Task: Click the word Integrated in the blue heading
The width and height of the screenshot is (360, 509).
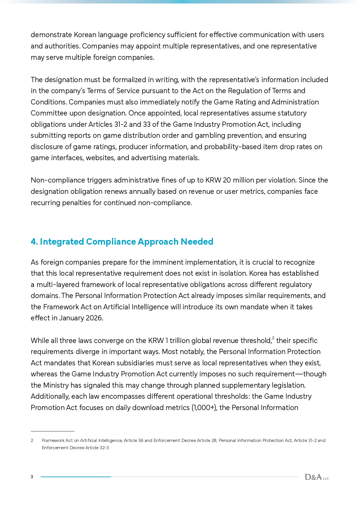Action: (62, 241)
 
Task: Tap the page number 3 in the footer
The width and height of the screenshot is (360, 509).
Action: (32, 477)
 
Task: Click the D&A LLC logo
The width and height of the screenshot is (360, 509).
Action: (317, 477)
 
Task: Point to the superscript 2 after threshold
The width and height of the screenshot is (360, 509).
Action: (273, 338)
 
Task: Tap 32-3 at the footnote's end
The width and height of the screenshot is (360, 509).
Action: (104, 448)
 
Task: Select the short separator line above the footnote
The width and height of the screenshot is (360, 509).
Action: (53, 431)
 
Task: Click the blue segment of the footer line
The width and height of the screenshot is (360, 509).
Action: (76, 477)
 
